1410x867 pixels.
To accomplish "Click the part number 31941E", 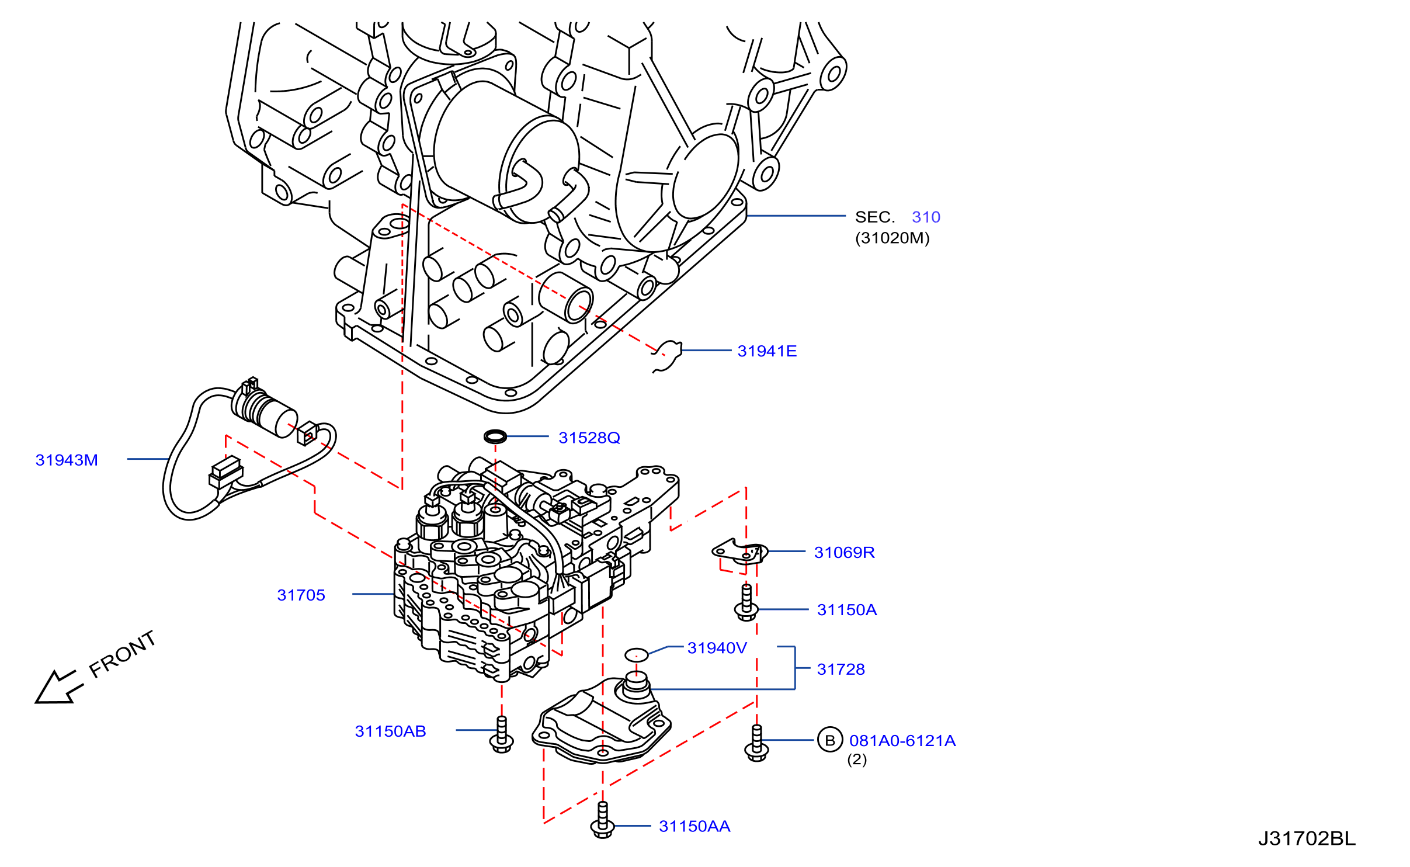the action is (x=767, y=351).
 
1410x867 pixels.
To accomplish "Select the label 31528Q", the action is (x=589, y=438).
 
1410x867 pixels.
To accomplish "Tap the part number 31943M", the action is (x=67, y=460).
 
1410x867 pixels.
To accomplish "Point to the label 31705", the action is (x=301, y=595).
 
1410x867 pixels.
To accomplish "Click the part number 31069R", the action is (x=845, y=553).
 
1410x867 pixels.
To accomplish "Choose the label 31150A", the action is (x=847, y=610).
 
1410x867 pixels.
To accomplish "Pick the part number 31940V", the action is (x=717, y=648).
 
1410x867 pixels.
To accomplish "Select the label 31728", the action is (x=841, y=670).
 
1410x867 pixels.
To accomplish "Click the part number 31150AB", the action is (x=391, y=731).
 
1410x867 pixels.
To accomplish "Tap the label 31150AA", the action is (x=694, y=827).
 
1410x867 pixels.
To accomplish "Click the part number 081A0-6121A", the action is (x=902, y=741).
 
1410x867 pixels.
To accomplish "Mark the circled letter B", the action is (x=830, y=740).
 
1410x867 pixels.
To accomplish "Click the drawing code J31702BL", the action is (x=1307, y=839).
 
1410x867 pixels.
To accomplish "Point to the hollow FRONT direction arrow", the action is (x=59, y=687).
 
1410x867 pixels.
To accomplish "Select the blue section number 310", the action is (x=926, y=217).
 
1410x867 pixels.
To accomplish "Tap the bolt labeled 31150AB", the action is (x=502, y=735).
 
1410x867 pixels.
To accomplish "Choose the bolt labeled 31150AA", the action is (x=603, y=820).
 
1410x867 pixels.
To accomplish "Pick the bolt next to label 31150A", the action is (x=746, y=603).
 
